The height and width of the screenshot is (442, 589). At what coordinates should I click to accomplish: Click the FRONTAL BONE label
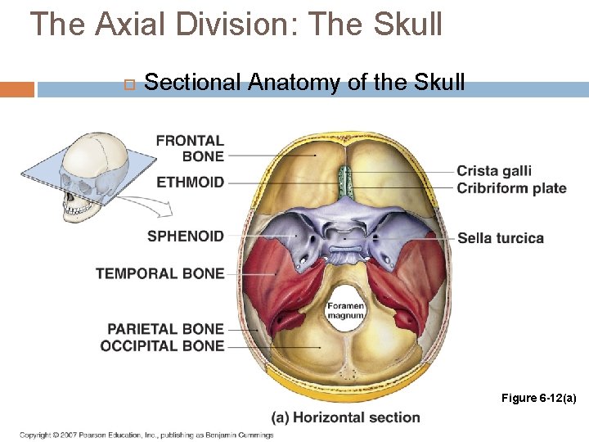(190, 148)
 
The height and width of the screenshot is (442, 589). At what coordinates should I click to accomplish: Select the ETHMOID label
(190, 182)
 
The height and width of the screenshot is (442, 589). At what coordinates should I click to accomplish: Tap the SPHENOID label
(185, 237)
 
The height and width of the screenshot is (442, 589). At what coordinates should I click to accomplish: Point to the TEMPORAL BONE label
(160, 273)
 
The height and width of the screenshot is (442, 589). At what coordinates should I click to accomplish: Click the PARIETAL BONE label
(165, 329)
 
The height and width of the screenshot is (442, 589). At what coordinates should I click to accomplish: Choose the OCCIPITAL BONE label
(162, 345)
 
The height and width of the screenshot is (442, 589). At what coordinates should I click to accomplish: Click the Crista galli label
(494, 171)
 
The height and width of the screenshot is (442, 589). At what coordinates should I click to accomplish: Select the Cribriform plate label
(511, 188)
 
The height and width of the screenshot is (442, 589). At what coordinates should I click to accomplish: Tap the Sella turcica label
(501, 238)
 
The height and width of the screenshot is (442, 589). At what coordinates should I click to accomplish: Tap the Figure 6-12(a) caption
(539, 398)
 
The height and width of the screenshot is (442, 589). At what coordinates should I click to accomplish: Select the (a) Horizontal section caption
(345, 417)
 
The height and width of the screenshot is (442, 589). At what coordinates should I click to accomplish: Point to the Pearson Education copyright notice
(146, 435)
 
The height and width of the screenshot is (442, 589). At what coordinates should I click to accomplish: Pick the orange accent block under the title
(17, 89)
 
